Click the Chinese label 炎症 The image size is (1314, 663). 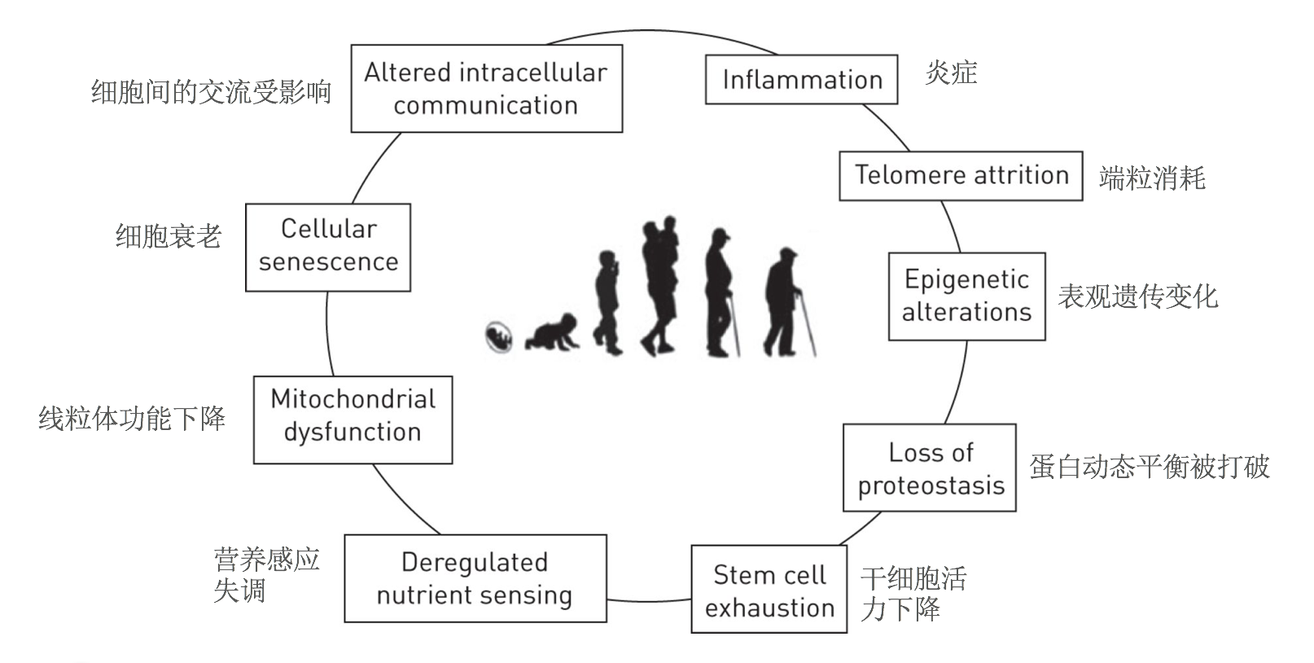click(x=951, y=72)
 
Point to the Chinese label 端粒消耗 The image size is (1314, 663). click(x=1152, y=178)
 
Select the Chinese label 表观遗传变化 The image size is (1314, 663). click(x=1138, y=296)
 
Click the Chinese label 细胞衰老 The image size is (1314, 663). click(x=169, y=236)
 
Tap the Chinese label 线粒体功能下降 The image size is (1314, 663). click(x=132, y=419)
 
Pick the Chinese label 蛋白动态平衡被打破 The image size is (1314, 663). click(x=1150, y=467)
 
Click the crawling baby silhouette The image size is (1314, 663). click(x=552, y=332)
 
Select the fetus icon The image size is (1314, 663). click(x=498, y=337)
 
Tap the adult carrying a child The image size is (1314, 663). click(x=660, y=287)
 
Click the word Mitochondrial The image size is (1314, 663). click(x=353, y=400)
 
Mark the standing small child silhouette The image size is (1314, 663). click(x=608, y=303)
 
